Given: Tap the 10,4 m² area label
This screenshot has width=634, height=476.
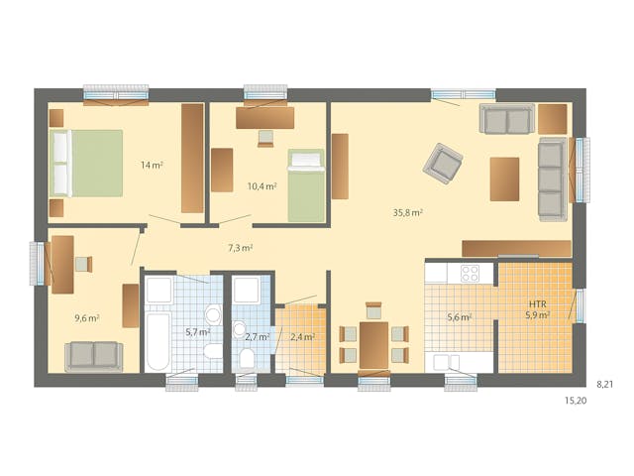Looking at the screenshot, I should (x=262, y=185).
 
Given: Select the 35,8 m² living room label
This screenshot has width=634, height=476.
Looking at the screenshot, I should (x=408, y=212).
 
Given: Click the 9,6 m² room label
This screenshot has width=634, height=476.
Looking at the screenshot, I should (x=87, y=318).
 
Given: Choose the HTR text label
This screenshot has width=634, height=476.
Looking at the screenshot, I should (x=538, y=303).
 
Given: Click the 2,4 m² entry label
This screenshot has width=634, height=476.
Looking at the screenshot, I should (x=302, y=337).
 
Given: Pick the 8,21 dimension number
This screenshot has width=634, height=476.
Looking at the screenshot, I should (x=604, y=382).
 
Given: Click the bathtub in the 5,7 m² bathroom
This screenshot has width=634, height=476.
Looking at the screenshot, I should (x=158, y=337).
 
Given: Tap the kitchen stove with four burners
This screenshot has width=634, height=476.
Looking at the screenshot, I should (x=468, y=274).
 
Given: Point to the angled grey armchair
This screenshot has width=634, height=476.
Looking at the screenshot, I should (x=442, y=164).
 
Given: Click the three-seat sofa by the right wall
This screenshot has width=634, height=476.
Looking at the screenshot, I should (x=552, y=178).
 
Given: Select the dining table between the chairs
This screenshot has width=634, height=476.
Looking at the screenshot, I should (x=373, y=343).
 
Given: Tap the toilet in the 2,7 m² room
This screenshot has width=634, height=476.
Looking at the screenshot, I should (x=245, y=357).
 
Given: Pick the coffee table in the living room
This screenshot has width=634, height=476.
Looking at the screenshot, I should (x=504, y=179).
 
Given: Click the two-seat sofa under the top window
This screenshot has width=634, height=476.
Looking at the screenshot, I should (x=506, y=119).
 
